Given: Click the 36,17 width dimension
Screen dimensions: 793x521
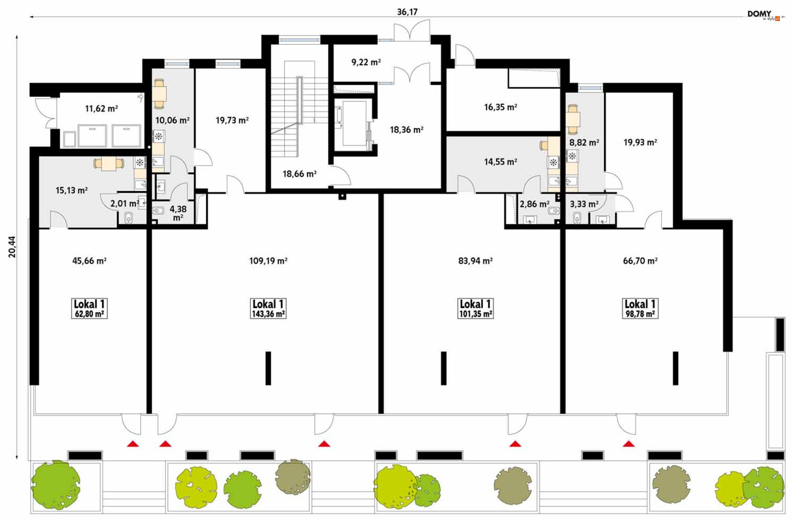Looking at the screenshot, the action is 407,12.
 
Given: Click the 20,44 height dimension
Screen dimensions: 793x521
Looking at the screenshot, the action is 12,247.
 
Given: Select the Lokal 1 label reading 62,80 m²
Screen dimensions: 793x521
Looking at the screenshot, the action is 89,308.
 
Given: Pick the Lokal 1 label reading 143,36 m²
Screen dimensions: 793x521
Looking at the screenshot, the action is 268,308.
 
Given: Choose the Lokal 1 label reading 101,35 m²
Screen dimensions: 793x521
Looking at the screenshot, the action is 475,308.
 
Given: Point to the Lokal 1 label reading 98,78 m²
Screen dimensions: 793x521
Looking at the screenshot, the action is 640,308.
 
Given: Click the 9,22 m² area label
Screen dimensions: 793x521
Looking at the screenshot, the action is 366,62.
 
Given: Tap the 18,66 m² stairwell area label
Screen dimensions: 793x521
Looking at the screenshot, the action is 299,174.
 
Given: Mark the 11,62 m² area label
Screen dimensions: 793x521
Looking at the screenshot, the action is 101,109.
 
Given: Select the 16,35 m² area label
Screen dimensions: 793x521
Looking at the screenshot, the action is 501,107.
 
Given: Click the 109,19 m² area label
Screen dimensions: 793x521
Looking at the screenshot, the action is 268,260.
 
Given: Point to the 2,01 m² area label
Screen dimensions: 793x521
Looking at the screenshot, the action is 124,204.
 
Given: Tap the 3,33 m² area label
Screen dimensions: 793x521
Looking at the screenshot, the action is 584,204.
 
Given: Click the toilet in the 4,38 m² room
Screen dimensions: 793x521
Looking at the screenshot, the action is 159,211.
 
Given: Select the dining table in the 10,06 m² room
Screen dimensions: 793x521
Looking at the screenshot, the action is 159,94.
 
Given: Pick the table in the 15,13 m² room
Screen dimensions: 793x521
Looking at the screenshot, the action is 109,163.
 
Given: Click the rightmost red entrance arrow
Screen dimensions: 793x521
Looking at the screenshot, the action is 629,444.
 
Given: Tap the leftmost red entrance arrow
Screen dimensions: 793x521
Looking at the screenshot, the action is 133,444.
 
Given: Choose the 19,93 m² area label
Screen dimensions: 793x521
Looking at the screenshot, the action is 640,142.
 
